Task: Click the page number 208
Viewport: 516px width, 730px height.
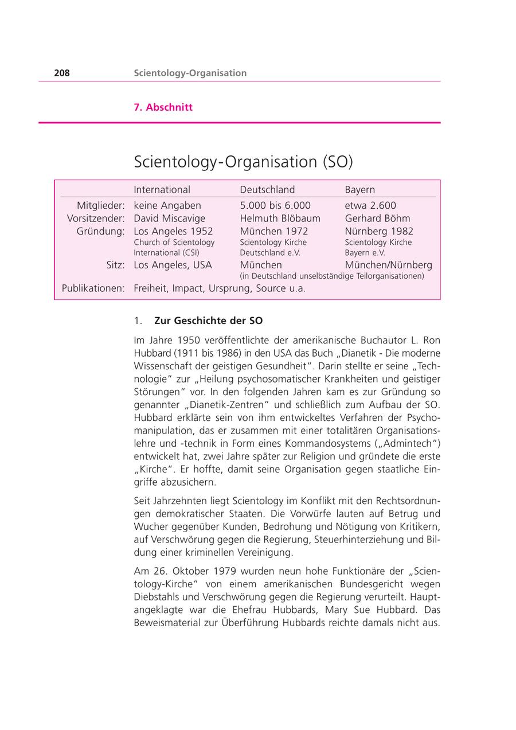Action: point(62,73)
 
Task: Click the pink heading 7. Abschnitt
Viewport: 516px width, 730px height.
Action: point(163,107)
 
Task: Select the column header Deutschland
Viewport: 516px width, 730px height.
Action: point(267,190)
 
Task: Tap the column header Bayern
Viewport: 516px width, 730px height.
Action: point(360,190)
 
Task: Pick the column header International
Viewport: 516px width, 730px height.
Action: point(162,190)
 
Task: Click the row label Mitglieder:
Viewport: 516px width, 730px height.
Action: point(101,205)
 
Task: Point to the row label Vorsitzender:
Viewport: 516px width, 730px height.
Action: point(96,218)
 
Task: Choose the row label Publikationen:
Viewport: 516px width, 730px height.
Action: point(93,288)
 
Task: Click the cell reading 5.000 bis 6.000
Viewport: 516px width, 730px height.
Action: point(275,205)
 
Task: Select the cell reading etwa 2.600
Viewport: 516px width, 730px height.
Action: point(370,205)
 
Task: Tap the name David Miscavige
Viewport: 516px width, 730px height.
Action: point(169,218)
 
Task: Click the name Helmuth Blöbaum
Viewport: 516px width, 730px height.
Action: point(280,218)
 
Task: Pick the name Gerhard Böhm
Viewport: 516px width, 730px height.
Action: point(377,218)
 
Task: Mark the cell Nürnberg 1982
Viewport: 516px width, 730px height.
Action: point(379,231)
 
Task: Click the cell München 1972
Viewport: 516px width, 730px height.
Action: point(273,231)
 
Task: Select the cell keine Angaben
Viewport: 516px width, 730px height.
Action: point(167,205)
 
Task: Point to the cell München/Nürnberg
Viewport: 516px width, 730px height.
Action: point(389,265)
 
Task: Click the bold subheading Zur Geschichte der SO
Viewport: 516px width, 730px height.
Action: point(208,321)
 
